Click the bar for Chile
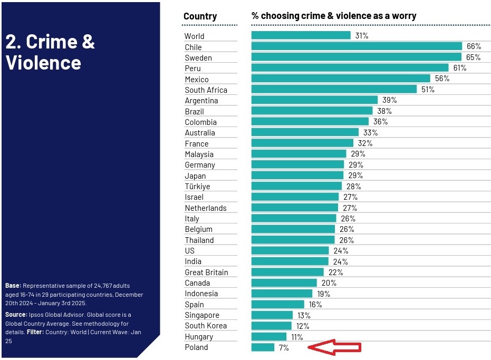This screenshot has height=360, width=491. [x=357, y=46]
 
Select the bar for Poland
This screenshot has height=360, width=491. [x=263, y=347]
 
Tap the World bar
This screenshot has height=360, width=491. [x=301, y=35]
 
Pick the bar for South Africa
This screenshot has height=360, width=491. [x=334, y=90]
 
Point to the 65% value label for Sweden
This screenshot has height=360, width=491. [x=474, y=57]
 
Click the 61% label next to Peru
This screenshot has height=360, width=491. [x=459, y=68]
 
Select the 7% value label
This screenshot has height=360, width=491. [x=284, y=348]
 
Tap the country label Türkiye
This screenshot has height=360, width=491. [x=197, y=187]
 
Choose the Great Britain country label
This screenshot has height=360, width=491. [x=206, y=273]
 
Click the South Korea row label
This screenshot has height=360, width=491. [x=206, y=326]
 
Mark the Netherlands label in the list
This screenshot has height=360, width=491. [x=205, y=208]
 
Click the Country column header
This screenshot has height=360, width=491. [x=200, y=16]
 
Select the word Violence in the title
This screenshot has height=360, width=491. [x=43, y=63]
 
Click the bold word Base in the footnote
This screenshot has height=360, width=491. [x=13, y=286]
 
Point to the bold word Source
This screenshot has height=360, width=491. [x=16, y=315]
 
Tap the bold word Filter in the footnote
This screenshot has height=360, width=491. [x=35, y=332]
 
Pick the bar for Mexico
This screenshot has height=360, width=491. [x=341, y=79]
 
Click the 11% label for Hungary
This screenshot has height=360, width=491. [x=297, y=337]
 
